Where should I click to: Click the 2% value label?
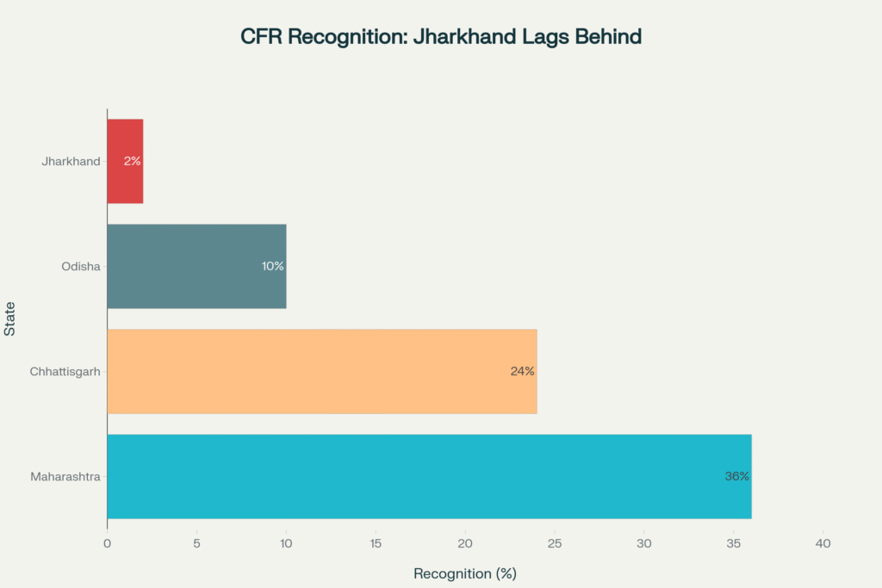tap(132, 162)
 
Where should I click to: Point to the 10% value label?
tap(273, 266)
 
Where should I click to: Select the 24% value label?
tap(523, 371)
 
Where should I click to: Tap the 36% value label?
tap(737, 476)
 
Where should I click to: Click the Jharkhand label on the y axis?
tap(71, 162)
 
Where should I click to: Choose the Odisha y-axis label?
tap(81, 266)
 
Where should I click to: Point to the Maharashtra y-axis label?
tap(66, 476)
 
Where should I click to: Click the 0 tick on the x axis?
tap(107, 543)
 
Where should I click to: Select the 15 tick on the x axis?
tap(376, 543)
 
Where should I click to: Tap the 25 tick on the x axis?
tap(555, 543)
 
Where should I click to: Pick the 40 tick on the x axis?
tap(823, 543)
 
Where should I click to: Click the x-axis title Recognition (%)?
tap(464, 573)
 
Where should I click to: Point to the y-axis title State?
tap(10, 319)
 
